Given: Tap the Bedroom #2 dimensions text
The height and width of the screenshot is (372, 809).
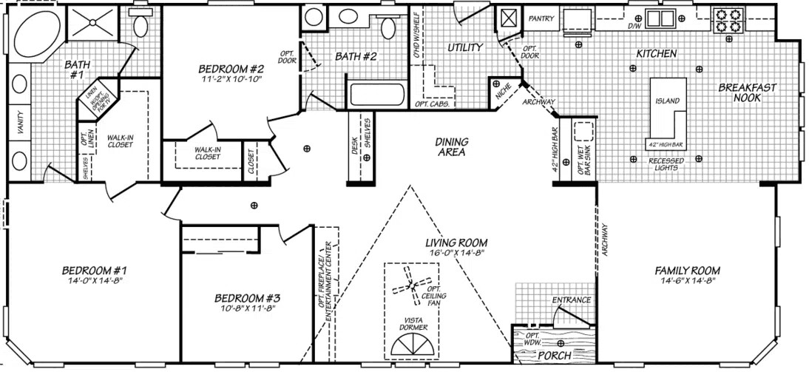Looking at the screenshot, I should pos(232,79).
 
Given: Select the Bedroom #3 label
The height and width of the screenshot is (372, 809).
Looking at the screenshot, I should pos(247,298).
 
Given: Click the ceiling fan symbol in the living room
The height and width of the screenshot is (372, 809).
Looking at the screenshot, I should pos(409,283).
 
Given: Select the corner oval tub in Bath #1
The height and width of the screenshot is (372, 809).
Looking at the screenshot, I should pos(38,30).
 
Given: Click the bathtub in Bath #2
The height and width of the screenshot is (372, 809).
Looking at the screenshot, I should pos(377,95).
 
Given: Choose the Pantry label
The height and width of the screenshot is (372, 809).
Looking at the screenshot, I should pos(541,19).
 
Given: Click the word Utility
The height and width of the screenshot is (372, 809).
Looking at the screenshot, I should pos(465,48).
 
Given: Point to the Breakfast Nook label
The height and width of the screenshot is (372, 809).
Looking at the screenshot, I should pos(747,92).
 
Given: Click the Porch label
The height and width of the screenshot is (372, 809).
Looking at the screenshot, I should pos(555,356).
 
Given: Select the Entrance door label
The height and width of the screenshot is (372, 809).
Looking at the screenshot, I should pos(572,300).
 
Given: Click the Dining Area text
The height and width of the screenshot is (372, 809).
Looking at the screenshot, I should pos(450,147).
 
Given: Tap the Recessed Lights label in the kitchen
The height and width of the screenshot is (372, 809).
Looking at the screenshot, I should pos(666,164).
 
